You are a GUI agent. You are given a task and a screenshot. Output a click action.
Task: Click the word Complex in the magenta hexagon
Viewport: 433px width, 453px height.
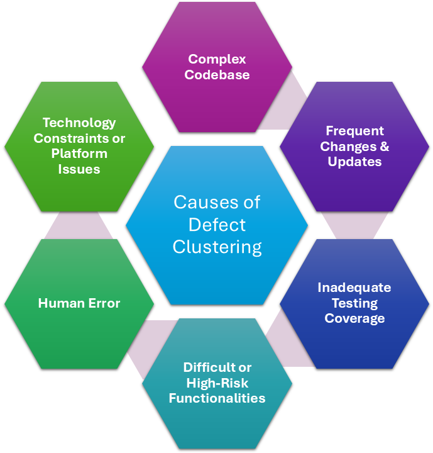tap(217, 59)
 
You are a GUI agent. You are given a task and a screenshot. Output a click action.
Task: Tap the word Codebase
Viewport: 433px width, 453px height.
tap(217, 74)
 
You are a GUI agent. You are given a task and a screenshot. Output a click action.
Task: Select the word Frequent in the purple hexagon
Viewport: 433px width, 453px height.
tap(354, 131)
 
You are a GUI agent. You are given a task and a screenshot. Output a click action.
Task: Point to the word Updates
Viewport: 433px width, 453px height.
tap(354, 162)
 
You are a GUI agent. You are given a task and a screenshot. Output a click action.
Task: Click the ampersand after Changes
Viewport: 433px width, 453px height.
tap(383, 147)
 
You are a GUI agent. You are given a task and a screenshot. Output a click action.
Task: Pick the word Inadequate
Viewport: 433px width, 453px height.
tap(354, 288)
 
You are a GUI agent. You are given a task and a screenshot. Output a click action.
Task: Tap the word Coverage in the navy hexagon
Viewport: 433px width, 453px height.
tap(354, 318)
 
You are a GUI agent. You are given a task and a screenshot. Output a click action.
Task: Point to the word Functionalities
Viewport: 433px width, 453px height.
tap(217, 398)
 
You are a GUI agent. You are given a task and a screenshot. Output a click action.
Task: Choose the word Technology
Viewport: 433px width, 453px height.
tap(79, 123)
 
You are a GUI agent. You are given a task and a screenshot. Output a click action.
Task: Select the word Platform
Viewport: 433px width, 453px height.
tap(79, 154)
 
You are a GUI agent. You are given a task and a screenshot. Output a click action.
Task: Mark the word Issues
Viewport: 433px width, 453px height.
tap(79, 169)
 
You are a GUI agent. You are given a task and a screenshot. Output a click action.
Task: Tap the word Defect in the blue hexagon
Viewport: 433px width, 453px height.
tap(217, 225)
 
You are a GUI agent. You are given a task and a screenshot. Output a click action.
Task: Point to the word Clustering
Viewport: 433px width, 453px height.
tap(217, 247)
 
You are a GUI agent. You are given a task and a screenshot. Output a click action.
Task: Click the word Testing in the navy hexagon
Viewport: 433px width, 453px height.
tap(354, 303)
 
